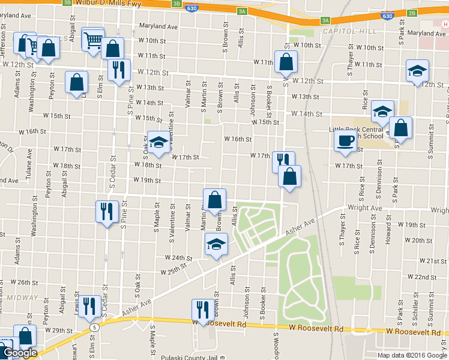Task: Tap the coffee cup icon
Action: [346, 140]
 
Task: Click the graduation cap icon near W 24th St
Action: [216, 244]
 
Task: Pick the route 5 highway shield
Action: [94, 327]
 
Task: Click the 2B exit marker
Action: [412, 13]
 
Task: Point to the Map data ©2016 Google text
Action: [411, 355]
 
